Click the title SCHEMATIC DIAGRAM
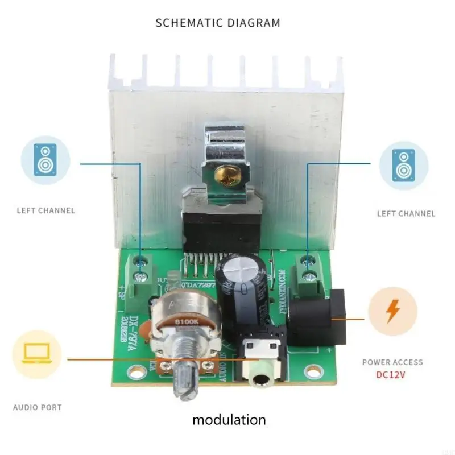tap(218, 23)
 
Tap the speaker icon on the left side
tap(45, 159)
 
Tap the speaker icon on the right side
tap(403, 165)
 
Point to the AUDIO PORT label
tap(38, 407)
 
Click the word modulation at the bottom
tap(229, 420)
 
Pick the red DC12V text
tap(392, 375)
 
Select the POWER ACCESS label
tap(392, 362)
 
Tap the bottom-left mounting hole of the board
tap(137, 373)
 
